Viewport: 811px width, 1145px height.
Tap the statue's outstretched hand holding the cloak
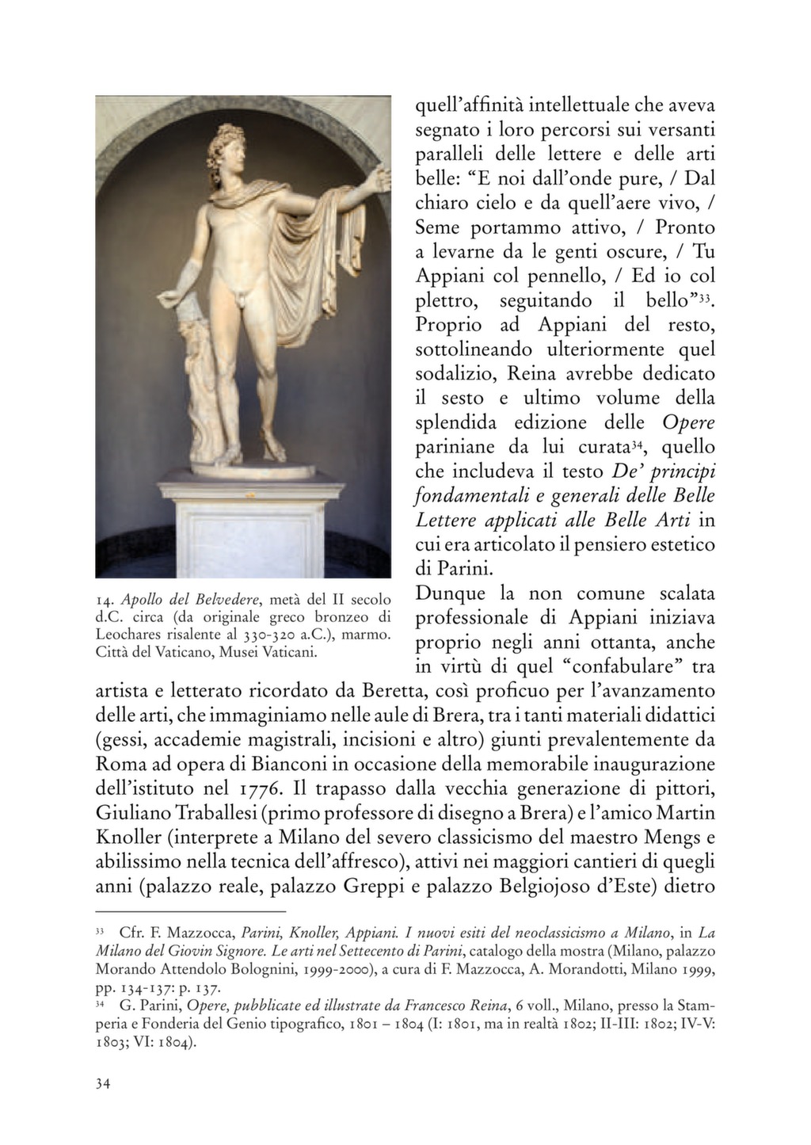click(x=383, y=176)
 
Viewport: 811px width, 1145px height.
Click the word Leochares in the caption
click(x=128, y=635)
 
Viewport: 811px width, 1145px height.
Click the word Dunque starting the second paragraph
click(x=451, y=593)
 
